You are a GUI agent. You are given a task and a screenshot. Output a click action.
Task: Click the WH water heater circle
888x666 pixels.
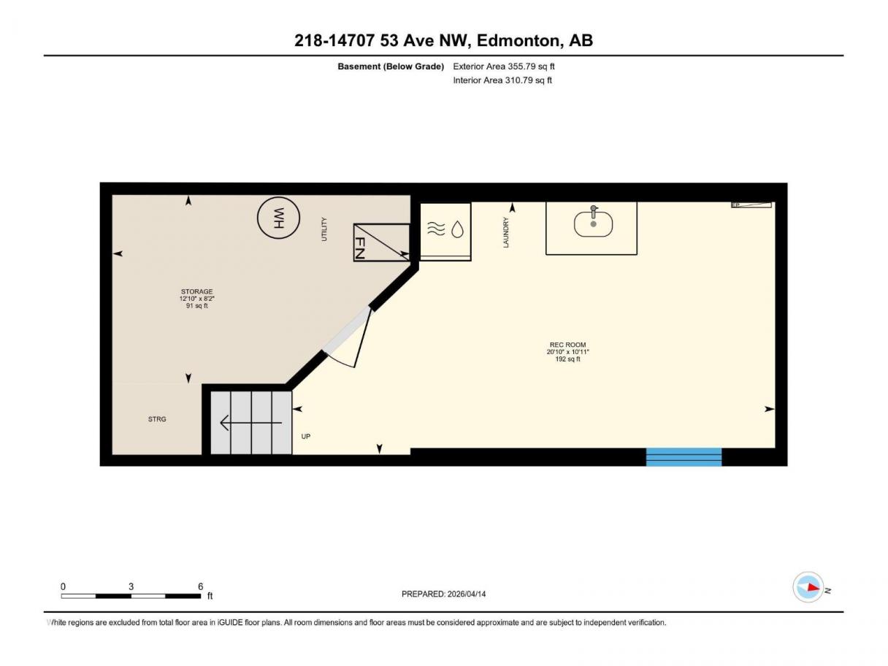[278, 218]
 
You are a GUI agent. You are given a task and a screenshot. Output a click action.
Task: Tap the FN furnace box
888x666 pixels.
[381, 242]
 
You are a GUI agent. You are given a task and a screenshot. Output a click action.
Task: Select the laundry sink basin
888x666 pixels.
[593, 223]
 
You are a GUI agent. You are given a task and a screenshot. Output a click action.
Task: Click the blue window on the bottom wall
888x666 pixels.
[684, 456]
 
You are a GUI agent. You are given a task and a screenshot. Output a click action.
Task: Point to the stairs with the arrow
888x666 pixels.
[251, 423]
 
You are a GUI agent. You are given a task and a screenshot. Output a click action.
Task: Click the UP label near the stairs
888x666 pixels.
[306, 436]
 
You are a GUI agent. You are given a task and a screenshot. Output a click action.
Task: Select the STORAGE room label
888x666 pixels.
[196, 291]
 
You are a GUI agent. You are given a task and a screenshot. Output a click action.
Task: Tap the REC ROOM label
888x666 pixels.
[567, 345]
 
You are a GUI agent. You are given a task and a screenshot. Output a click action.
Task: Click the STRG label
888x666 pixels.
[157, 419]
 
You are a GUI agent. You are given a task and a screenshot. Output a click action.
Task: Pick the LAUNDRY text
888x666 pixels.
[505, 232]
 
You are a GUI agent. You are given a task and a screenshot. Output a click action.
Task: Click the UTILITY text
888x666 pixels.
[324, 229]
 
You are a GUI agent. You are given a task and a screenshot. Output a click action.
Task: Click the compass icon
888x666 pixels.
[808, 587]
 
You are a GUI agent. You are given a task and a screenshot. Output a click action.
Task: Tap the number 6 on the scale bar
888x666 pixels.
[201, 586]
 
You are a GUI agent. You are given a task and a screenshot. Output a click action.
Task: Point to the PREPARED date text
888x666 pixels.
[443, 594]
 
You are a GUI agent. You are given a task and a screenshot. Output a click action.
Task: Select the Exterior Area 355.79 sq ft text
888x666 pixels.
[504, 66]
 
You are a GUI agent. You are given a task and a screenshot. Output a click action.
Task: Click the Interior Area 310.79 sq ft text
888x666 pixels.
[502, 80]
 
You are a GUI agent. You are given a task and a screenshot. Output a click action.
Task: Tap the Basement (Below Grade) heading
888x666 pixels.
[391, 66]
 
